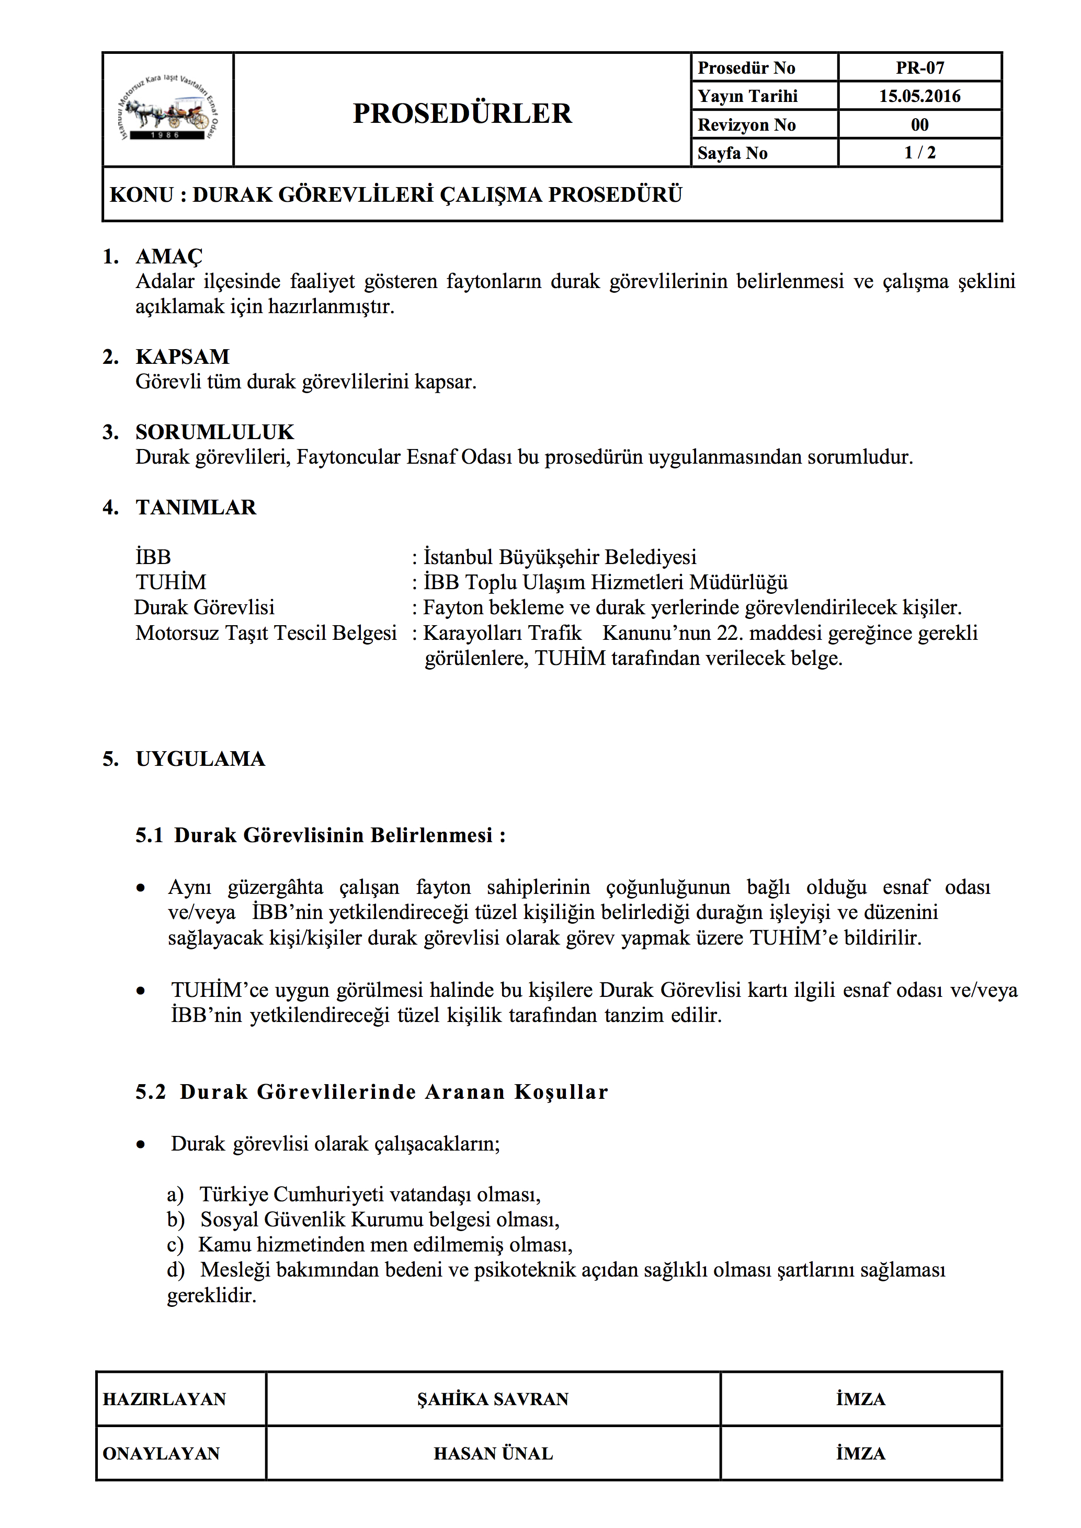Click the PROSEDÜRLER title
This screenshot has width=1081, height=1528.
(462, 113)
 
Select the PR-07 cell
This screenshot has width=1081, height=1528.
(919, 68)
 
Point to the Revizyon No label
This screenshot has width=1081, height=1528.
(746, 125)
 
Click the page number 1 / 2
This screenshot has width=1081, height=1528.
(919, 153)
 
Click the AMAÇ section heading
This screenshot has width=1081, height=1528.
(169, 256)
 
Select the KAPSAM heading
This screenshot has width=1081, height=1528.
(183, 357)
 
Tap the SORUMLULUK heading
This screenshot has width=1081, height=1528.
(214, 432)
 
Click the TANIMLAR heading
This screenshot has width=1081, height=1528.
(196, 507)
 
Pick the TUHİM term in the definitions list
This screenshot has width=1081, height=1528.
(171, 582)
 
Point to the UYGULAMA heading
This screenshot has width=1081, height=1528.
(200, 759)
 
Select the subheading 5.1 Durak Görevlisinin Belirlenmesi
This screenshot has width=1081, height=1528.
(320, 835)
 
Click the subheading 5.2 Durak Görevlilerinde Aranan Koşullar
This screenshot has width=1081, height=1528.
(371, 1092)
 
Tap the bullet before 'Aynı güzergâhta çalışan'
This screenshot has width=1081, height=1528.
(141, 888)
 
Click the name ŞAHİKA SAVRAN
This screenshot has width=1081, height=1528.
(493, 1399)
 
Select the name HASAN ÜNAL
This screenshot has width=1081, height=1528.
(493, 1453)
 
